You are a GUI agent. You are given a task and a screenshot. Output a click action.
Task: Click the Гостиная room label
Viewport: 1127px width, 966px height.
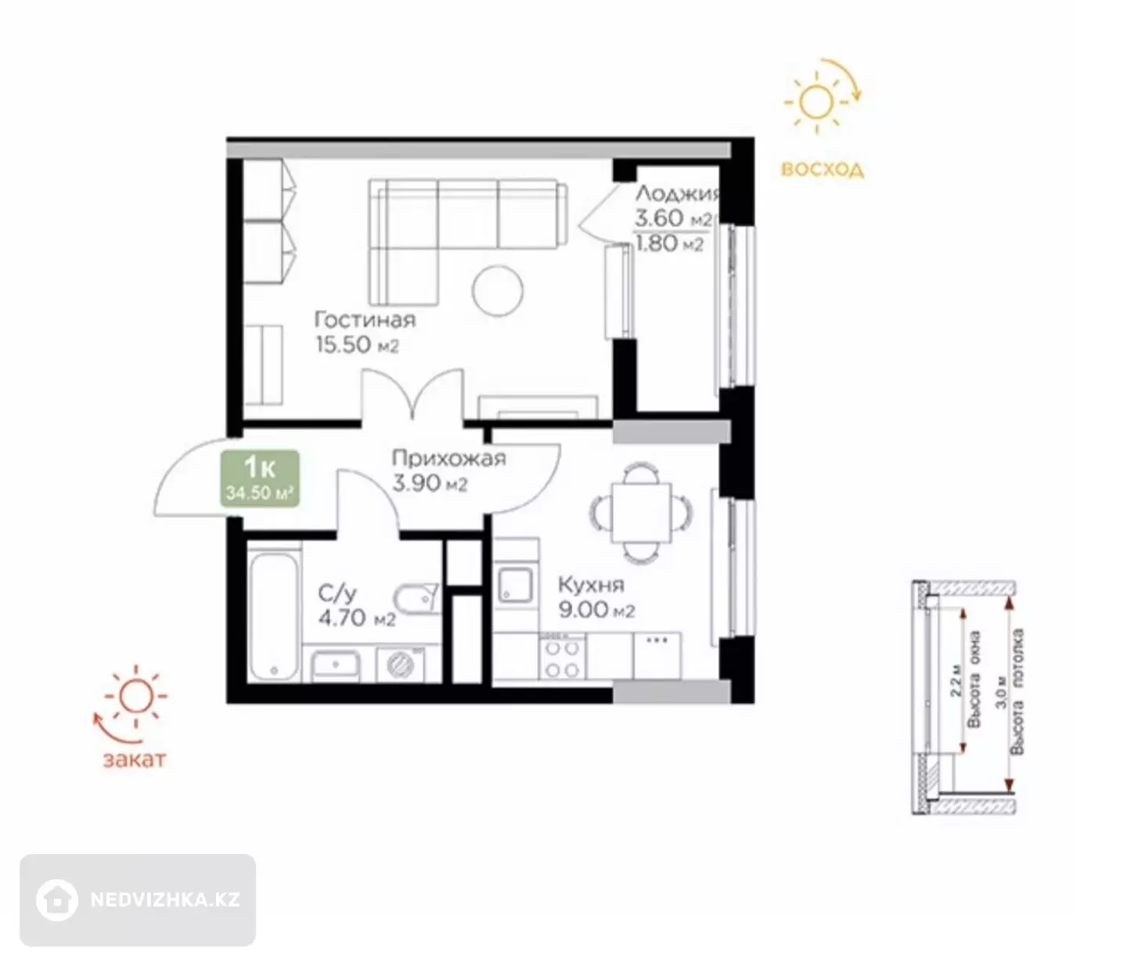[365, 319]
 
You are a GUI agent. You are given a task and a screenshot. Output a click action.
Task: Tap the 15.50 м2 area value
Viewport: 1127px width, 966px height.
[357, 344]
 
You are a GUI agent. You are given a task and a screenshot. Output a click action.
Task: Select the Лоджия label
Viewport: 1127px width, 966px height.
[678, 193]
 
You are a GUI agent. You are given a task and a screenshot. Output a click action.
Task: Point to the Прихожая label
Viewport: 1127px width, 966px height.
[448, 459]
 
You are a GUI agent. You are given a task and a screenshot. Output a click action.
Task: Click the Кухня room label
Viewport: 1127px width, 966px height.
[591, 585]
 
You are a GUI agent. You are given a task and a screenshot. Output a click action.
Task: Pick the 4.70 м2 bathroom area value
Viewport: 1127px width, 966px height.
[357, 618]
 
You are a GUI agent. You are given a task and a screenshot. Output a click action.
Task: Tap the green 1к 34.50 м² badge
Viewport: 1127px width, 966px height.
[260, 478]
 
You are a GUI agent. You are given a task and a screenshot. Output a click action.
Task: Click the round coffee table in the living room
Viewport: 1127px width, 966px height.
[498, 290]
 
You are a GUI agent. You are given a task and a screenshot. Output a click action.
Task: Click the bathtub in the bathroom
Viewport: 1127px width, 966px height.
[274, 615]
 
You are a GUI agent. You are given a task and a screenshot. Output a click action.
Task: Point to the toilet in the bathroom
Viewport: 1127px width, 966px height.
[416, 599]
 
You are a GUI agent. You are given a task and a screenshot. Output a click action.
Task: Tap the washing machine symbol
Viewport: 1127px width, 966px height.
[401, 665]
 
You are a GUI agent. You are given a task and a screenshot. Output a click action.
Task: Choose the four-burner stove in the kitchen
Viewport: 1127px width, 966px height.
[563, 658]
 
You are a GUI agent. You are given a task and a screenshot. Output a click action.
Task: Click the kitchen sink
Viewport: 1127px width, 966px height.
[515, 584]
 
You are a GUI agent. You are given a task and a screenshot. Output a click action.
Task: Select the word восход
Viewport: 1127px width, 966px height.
[823, 170]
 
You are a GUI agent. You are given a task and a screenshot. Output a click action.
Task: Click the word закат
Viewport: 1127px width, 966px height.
[134, 760]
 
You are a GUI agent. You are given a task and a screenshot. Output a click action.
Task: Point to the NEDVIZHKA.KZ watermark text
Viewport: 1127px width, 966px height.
[165, 899]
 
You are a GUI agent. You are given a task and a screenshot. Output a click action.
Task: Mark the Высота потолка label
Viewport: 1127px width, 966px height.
[1017, 692]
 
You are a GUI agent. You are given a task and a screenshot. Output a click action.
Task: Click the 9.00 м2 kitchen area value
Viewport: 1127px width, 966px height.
[596, 610]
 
